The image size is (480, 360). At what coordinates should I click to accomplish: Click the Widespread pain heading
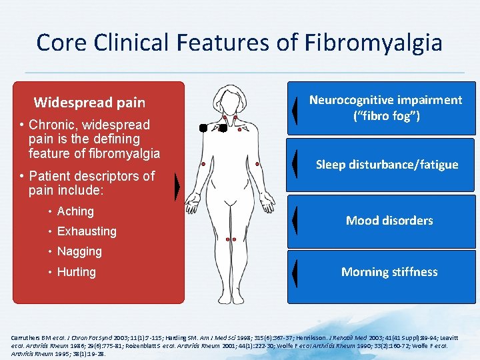point(89,103)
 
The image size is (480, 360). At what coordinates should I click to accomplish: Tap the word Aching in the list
point(75,211)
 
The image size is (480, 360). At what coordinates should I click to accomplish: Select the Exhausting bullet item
point(87,231)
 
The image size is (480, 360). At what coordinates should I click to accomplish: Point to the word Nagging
point(79,251)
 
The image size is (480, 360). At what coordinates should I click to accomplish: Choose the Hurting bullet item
point(76,272)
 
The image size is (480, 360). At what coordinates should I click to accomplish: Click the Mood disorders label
point(389,221)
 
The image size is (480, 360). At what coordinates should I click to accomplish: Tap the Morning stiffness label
point(389,272)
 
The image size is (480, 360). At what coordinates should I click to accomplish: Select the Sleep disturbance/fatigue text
point(387,165)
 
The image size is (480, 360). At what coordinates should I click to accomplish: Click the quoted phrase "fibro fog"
point(386,115)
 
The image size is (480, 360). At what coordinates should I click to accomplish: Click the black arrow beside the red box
point(177,188)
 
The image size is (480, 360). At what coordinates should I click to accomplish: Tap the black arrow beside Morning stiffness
point(294,272)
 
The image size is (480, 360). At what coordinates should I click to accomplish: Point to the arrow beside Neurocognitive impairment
point(294,110)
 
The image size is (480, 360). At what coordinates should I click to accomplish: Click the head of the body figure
point(230,99)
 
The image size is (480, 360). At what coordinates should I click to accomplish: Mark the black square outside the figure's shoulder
point(203,128)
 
